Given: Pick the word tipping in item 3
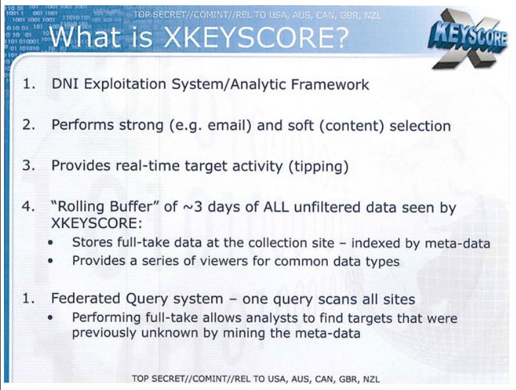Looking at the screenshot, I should pos(318,167).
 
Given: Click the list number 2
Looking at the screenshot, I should pos(28,126).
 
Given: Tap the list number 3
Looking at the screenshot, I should pos(28,166).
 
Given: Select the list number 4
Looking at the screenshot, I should pos(28,208).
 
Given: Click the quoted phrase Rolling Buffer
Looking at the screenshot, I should pos(101,208).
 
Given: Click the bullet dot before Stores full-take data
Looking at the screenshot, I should pos(51,244).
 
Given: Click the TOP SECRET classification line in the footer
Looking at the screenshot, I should pos(257,379).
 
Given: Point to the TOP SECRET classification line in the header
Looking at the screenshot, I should pos(257,14).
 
